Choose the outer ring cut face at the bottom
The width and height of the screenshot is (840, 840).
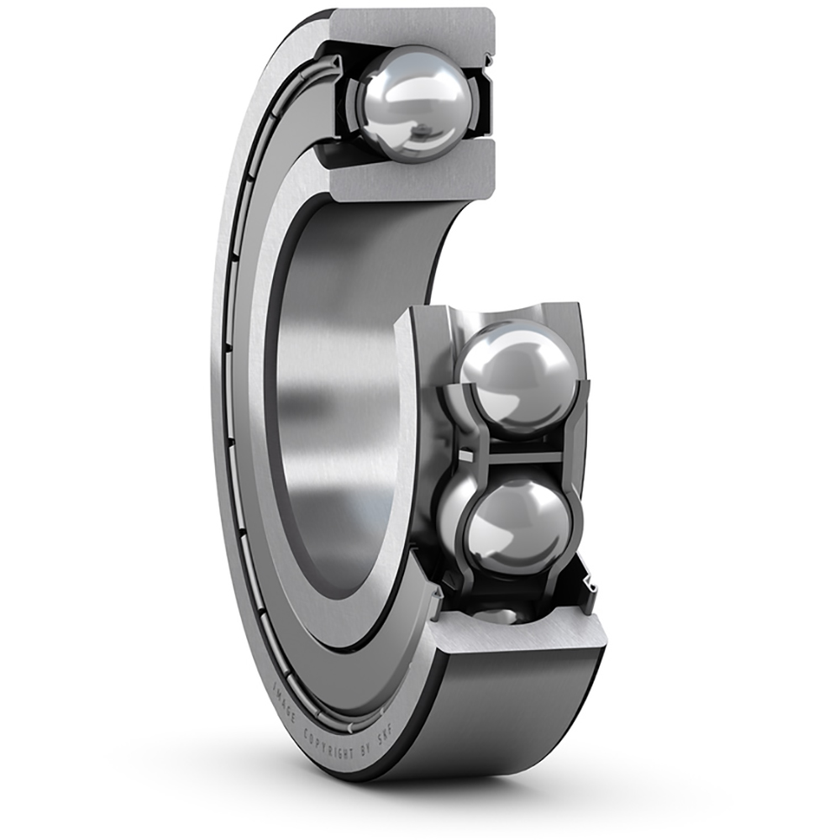click(521, 638)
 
